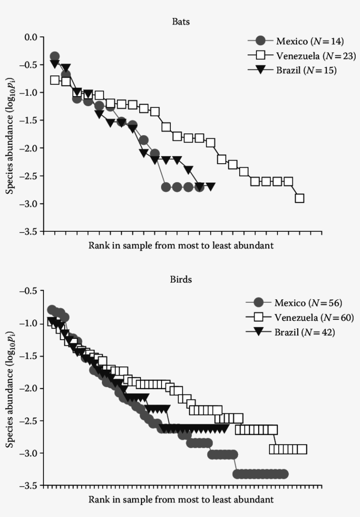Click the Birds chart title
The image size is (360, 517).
pyautogui.click(x=181, y=280)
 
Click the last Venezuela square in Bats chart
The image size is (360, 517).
pyautogui.click(x=299, y=198)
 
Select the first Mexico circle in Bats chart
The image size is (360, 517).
pyautogui.click(x=54, y=57)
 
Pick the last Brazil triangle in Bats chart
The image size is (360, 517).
pyautogui.click(x=211, y=187)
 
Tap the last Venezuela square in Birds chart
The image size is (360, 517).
pyautogui.click(x=302, y=449)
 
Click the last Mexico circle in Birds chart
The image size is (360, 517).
pyautogui.click(x=284, y=474)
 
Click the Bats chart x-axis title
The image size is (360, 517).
pyautogui.click(x=181, y=245)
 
